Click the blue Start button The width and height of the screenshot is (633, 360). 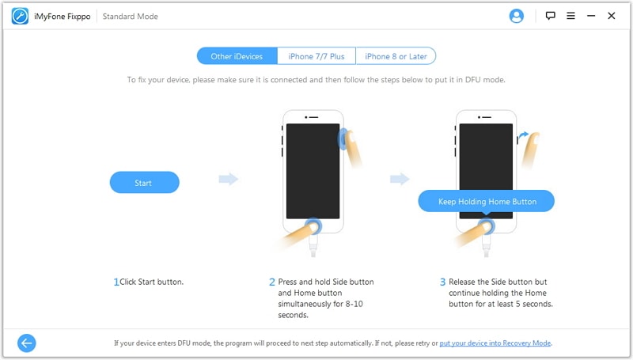[x=145, y=183]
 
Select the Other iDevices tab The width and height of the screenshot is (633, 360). [x=237, y=56]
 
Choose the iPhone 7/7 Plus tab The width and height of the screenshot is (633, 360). [x=316, y=56]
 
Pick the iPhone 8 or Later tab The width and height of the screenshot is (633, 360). [x=396, y=56]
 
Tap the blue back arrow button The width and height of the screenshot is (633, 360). [x=27, y=343]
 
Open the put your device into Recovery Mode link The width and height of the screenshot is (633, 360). [x=495, y=343]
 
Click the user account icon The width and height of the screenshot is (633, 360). [x=517, y=16]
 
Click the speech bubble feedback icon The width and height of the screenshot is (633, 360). [x=550, y=16]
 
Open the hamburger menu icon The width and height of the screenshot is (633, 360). [x=570, y=16]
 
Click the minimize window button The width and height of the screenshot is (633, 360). [x=591, y=16]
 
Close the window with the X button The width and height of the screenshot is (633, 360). [x=611, y=16]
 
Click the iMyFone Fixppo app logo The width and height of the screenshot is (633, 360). [x=20, y=16]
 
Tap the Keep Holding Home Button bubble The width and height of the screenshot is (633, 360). [x=487, y=201]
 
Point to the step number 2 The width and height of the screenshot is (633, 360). [x=272, y=282]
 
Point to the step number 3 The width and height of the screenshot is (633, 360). [x=443, y=282]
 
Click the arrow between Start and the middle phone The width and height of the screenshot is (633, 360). [x=229, y=179]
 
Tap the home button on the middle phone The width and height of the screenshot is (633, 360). [x=313, y=225]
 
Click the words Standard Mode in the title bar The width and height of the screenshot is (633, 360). [x=130, y=17]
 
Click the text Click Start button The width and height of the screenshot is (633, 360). [x=151, y=282]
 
